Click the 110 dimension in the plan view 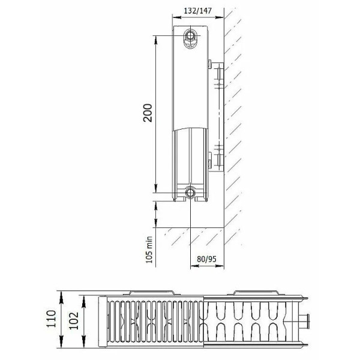[x=52, y=320]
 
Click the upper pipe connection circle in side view [x=191, y=36]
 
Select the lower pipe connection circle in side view [x=191, y=192]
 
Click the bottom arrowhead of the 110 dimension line [x=62, y=346]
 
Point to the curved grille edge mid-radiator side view [x=191, y=127]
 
